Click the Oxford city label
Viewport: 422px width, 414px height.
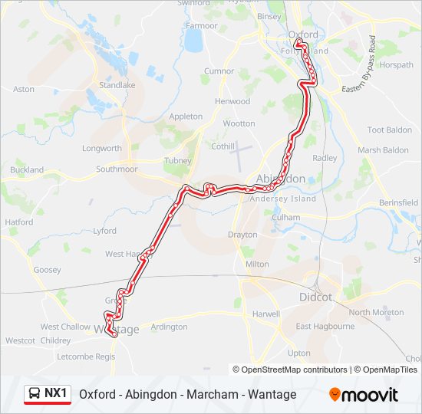click(302, 34)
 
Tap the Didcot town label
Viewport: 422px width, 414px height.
click(315, 297)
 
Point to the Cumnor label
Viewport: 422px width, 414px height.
click(218, 71)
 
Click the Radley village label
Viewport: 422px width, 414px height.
click(325, 158)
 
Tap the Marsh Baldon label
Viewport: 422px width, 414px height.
click(384, 150)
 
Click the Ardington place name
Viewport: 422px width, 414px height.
click(170, 327)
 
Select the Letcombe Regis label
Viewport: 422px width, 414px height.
click(86, 356)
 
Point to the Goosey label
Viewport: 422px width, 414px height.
click(47, 270)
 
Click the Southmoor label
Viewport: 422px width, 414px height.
click(117, 169)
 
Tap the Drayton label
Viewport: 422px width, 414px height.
click(242, 235)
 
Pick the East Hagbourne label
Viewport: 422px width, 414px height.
click(325, 326)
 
